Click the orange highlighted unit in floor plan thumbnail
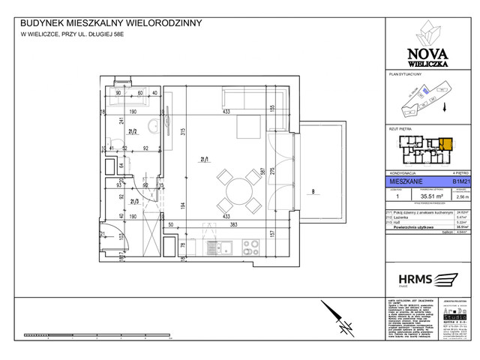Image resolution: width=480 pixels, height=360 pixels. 445,144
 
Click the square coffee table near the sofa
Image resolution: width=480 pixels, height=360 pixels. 246,126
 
